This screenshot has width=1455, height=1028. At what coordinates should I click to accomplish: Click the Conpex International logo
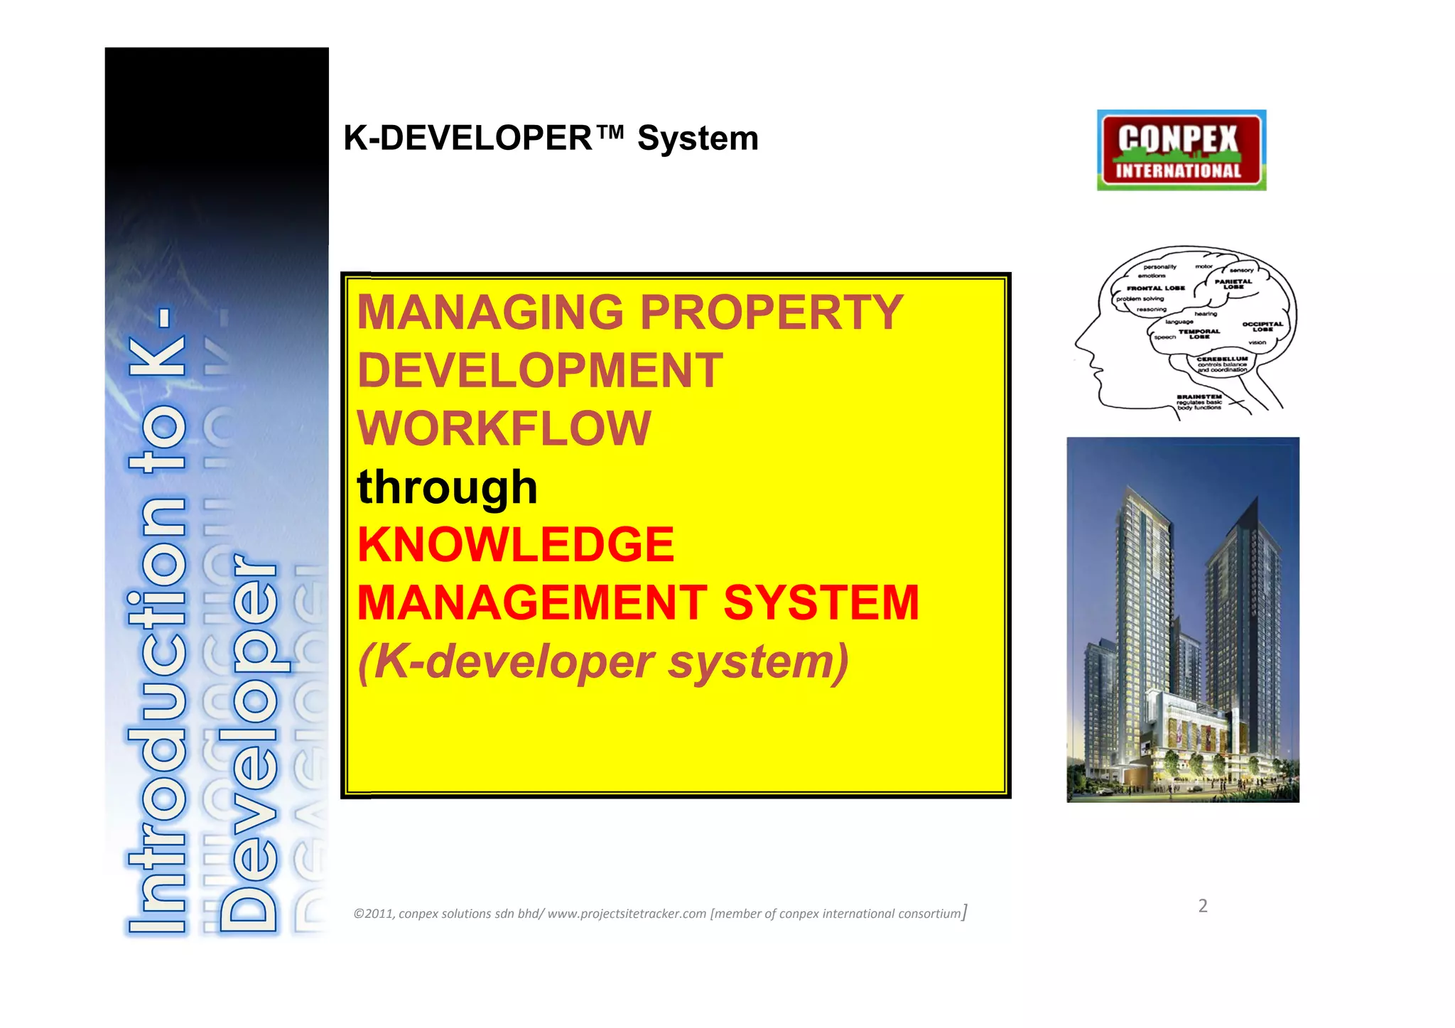coord(1181,150)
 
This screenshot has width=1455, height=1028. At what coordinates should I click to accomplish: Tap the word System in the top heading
coord(698,139)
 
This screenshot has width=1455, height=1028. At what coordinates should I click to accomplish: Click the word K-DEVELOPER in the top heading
coord(467,138)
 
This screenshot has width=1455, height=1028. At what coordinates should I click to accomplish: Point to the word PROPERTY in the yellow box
coord(772,313)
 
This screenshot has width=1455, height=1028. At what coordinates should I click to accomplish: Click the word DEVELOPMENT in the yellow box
coord(540,371)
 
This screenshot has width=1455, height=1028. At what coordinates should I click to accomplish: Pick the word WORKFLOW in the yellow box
coord(504,428)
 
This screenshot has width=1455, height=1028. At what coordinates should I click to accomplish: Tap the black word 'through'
coord(447,487)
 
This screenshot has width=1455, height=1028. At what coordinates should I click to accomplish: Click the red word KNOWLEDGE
coord(516,545)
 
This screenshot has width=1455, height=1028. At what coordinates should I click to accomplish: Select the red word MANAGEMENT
coord(532,603)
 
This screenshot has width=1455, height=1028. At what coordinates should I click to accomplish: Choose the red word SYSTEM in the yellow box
coord(821,603)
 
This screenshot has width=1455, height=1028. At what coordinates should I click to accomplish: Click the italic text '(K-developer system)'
coord(603,662)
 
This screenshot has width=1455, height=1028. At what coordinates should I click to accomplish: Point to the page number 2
coord(1203,906)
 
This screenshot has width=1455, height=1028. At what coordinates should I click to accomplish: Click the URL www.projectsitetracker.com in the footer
coord(627,914)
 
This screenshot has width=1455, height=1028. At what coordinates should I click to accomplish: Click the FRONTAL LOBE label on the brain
coord(1156,288)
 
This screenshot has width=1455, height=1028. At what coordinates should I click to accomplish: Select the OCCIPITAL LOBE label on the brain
coord(1262,327)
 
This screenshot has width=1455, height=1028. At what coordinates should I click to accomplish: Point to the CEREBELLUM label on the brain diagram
coord(1222,359)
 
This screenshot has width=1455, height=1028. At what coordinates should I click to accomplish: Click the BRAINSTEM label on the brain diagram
coord(1199,396)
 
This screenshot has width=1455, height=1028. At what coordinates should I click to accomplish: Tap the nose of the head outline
coord(1078,345)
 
